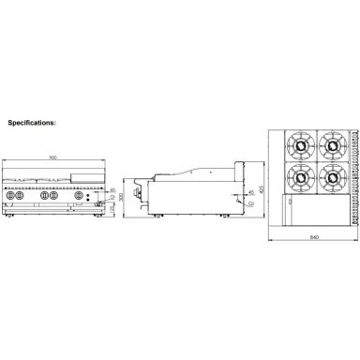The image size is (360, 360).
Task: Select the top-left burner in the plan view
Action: (300, 145)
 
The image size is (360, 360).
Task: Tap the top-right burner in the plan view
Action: (330, 145)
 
